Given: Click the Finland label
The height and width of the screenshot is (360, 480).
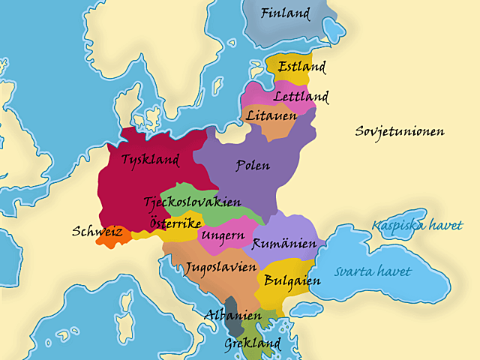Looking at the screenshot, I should click(286, 13).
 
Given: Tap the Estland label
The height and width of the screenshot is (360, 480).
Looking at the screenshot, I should click(301, 67).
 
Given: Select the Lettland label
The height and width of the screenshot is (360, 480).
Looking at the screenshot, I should click(301, 97).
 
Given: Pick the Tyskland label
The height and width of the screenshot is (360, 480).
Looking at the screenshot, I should click(150, 160).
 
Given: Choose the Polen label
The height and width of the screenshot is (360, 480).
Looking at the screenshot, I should click(253, 165).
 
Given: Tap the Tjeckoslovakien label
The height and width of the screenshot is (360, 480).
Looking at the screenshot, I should click(192, 202).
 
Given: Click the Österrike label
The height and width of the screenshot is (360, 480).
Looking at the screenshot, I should click(175, 223).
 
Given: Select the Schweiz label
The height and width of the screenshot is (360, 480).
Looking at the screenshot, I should click(97, 232).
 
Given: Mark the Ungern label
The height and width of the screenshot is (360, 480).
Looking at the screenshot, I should click(223, 236).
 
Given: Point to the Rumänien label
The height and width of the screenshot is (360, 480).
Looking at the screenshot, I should click(283, 244).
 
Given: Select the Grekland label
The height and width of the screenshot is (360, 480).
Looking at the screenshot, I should click(252, 344).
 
